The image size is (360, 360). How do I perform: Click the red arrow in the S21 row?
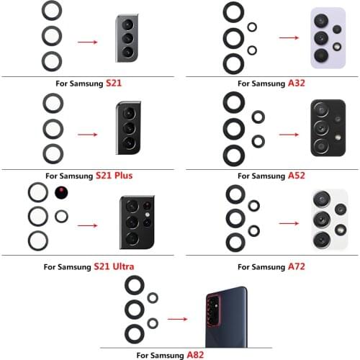tap(87, 41)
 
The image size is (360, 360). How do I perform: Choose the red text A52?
tap(297, 175)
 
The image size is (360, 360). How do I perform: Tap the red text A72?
tap(297, 266)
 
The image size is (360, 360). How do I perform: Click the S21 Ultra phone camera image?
tap(136, 222)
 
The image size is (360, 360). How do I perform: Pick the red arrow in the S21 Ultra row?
tap(89, 225)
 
